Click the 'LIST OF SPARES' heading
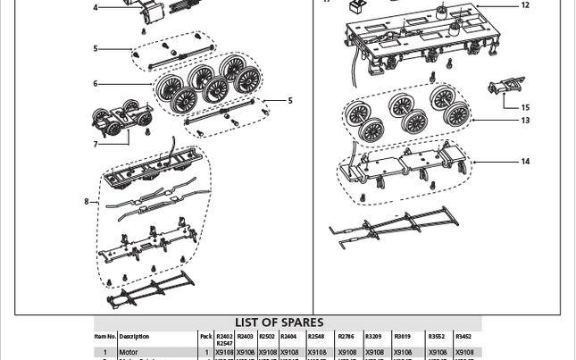point(279,322)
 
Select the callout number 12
point(525,5)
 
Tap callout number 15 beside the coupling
point(525,108)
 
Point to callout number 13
point(525,121)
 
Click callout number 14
point(525,162)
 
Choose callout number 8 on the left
point(87,202)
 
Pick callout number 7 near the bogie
point(96,144)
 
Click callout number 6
point(96,84)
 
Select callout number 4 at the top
point(96,7)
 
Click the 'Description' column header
point(134,337)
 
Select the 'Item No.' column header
point(105,337)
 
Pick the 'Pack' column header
point(206,337)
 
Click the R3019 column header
point(402,337)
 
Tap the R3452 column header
point(463,337)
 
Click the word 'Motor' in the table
point(129,353)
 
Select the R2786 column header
point(346,337)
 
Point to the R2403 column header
point(245,337)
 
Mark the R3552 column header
point(436,337)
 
